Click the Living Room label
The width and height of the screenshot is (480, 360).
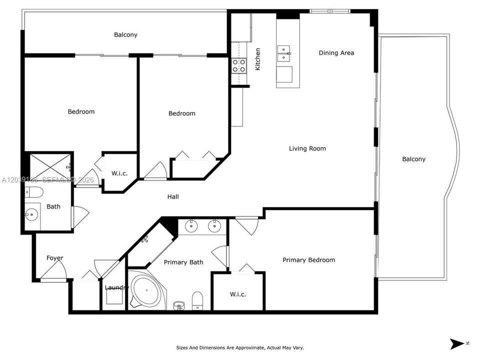[307, 148]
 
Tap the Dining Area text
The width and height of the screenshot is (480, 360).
[336, 53]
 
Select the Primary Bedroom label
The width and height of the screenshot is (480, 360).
[308, 260]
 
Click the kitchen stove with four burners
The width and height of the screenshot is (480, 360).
[239, 65]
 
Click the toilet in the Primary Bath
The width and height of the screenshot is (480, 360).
[197, 300]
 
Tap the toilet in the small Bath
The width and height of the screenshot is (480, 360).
[34, 192]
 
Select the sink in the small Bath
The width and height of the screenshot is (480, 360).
[31, 214]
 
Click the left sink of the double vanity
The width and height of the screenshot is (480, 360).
[191, 226]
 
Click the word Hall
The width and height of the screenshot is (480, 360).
[173, 197]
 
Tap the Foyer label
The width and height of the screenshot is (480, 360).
[55, 258]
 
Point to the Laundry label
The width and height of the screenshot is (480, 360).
[116, 287]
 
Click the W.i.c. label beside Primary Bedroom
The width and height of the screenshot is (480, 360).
[238, 294]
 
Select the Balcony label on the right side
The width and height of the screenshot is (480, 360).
[414, 159]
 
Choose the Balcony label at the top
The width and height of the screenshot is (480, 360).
[125, 35]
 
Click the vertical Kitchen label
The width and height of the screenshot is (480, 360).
[258, 59]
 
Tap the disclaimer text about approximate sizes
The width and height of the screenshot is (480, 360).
[239, 348]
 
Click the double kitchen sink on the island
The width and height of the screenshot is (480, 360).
[284, 53]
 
